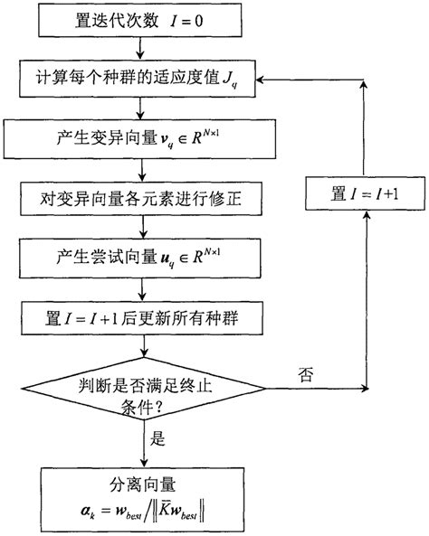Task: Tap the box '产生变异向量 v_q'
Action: tap(138, 139)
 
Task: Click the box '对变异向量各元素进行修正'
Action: tap(138, 195)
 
